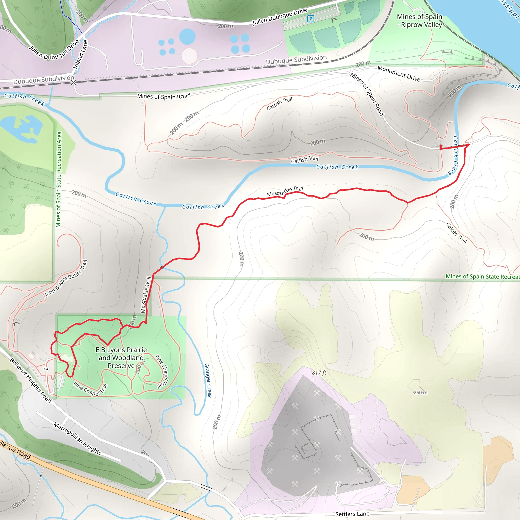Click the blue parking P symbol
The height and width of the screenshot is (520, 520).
[311, 19]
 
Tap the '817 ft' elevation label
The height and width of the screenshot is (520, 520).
[319, 372]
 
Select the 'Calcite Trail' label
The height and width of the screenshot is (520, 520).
[457, 233]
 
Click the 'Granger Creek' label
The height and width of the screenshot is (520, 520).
[208, 380]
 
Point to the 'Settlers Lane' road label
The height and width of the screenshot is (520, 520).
[352, 514]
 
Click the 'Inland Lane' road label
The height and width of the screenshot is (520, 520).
[81, 55]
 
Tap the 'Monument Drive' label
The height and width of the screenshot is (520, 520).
[399, 73]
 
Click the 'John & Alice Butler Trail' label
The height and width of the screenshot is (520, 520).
[66, 278]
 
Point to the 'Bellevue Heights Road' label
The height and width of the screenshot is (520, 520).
[30, 380]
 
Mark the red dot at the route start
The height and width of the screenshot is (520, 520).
[441, 146]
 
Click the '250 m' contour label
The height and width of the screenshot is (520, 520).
[420, 393]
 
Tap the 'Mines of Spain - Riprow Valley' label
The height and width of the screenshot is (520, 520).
[419, 21]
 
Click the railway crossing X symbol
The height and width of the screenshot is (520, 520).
[73, 82]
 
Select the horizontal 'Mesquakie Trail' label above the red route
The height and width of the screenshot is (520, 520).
[285, 191]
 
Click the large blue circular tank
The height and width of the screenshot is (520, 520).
[187, 37]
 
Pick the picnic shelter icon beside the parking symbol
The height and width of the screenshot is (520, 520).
[334, 19]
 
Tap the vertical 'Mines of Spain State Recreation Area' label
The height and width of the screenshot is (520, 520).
[59, 179]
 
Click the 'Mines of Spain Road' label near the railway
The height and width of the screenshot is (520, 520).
[164, 96]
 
